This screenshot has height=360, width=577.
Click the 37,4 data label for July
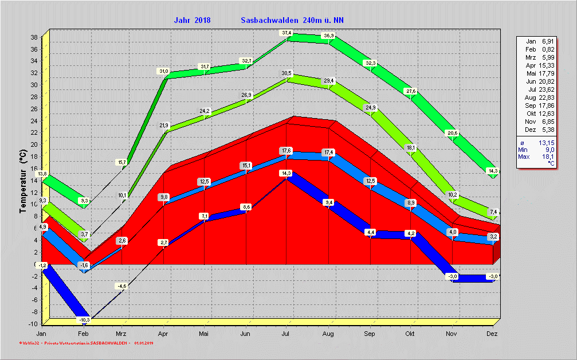[x=286, y=33]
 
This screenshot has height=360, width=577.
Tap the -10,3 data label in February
[x=84, y=319]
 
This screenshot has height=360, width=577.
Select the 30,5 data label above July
[x=286, y=73]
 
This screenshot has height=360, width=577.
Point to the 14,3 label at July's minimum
[x=286, y=173]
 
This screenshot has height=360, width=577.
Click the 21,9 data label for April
[x=164, y=126]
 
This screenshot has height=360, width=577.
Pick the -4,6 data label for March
[x=121, y=285]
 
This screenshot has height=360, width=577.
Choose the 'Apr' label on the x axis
[x=163, y=333]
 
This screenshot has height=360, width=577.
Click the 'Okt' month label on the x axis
[x=410, y=333]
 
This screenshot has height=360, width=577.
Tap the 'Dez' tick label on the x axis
[x=493, y=333]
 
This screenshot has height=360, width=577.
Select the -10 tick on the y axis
[x=33, y=324]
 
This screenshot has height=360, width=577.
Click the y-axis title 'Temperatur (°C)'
[x=22, y=181]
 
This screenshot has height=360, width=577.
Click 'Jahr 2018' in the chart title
[x=192, y=20]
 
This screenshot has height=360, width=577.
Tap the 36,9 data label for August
[x=329, y=36]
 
